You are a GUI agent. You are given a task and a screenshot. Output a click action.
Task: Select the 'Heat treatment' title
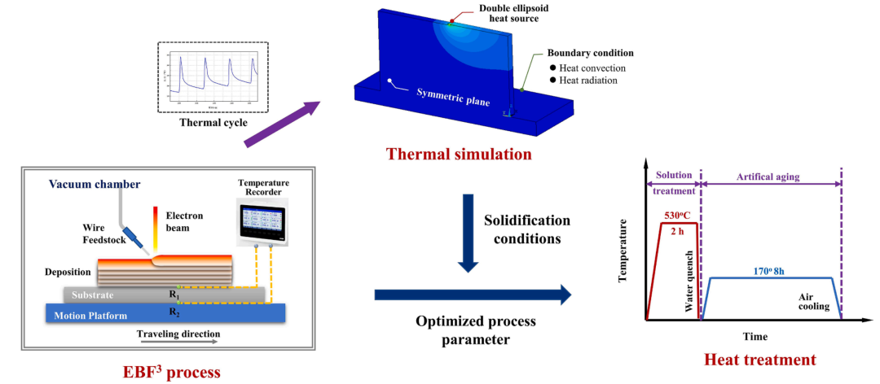759,358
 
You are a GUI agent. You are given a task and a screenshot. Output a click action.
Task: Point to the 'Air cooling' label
815,302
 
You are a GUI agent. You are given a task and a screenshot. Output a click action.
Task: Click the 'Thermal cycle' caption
212,123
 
